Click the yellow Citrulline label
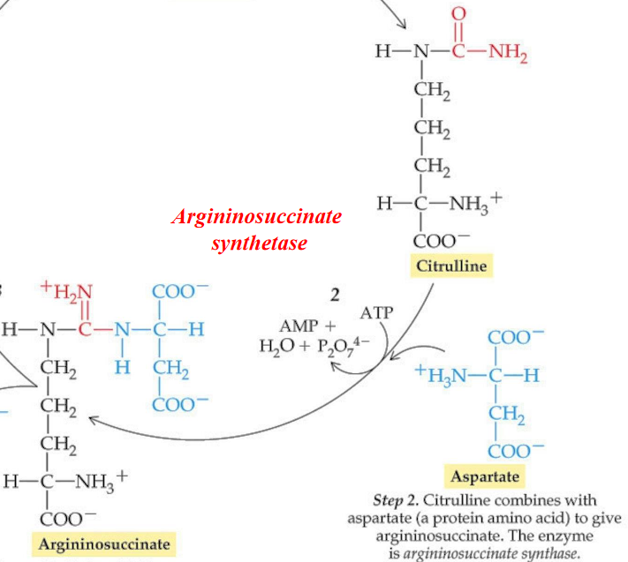451,266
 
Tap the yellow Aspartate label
485,477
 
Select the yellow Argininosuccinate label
103,543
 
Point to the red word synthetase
259,241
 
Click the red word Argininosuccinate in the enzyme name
256,216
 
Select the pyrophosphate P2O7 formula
338,344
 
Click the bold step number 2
336,294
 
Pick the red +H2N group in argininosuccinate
67,291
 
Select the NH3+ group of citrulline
475,203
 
